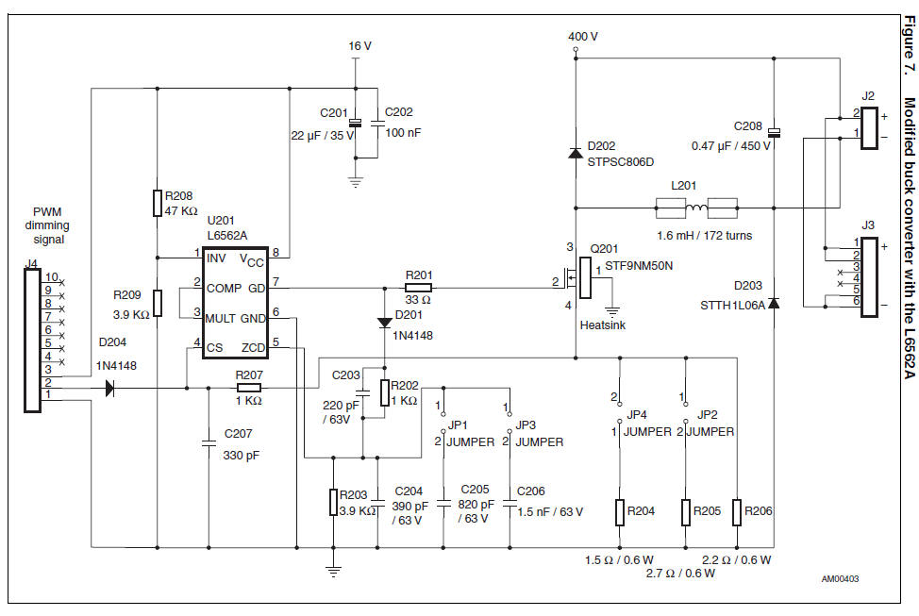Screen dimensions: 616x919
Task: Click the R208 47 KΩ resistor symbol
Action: [158, 203]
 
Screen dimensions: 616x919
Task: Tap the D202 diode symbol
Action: [575, 152]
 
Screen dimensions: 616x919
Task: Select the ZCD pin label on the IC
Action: [253, 347]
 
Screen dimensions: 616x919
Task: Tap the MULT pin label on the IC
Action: [220, 318]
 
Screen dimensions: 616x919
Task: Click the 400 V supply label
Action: [582, 37]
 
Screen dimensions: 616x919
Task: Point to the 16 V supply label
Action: [360, 45]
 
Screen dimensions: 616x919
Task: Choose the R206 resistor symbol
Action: [737, 511]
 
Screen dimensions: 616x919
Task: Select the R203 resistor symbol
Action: [333, 502]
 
